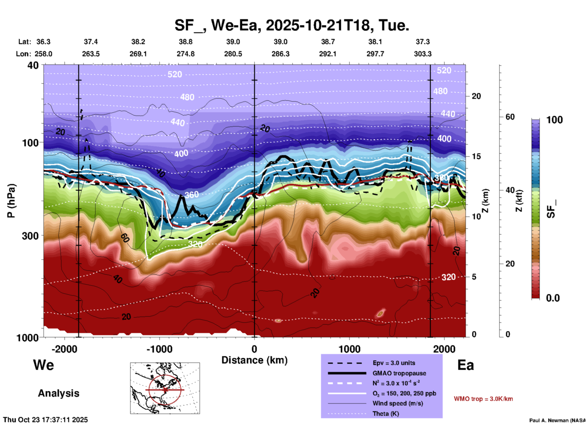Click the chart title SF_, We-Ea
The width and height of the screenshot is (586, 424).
pos(291,25)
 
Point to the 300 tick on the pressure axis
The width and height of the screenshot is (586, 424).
pos(30,236)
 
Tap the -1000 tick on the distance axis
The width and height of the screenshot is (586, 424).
pos(159,349)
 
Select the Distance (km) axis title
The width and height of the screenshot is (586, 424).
pos(254,360)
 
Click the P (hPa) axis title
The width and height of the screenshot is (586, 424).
pos(11,201)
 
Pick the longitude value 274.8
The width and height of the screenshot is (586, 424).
pos(186,54)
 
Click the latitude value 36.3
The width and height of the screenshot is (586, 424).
pos(43,42)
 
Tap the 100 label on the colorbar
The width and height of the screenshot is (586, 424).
pos(554,120)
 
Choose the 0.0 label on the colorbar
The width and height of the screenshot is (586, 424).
pos(553,298)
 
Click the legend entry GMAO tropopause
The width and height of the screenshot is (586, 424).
pos(399,373)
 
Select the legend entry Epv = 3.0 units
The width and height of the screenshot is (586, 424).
pos(394,363)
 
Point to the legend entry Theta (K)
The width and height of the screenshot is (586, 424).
pos(385,414)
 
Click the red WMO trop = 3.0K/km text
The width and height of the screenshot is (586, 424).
pos(483,399)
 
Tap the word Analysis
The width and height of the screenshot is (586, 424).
pos(58,393)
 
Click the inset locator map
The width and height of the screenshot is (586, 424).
pos(165,388)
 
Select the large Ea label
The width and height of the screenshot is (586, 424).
pos(466,365)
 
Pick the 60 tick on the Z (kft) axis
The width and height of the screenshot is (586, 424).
pos(510,117)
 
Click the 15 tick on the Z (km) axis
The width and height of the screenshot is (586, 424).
pos(476,156)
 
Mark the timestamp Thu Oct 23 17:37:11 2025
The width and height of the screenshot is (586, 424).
pos(45,420)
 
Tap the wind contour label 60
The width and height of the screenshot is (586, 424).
pos(124,238)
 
